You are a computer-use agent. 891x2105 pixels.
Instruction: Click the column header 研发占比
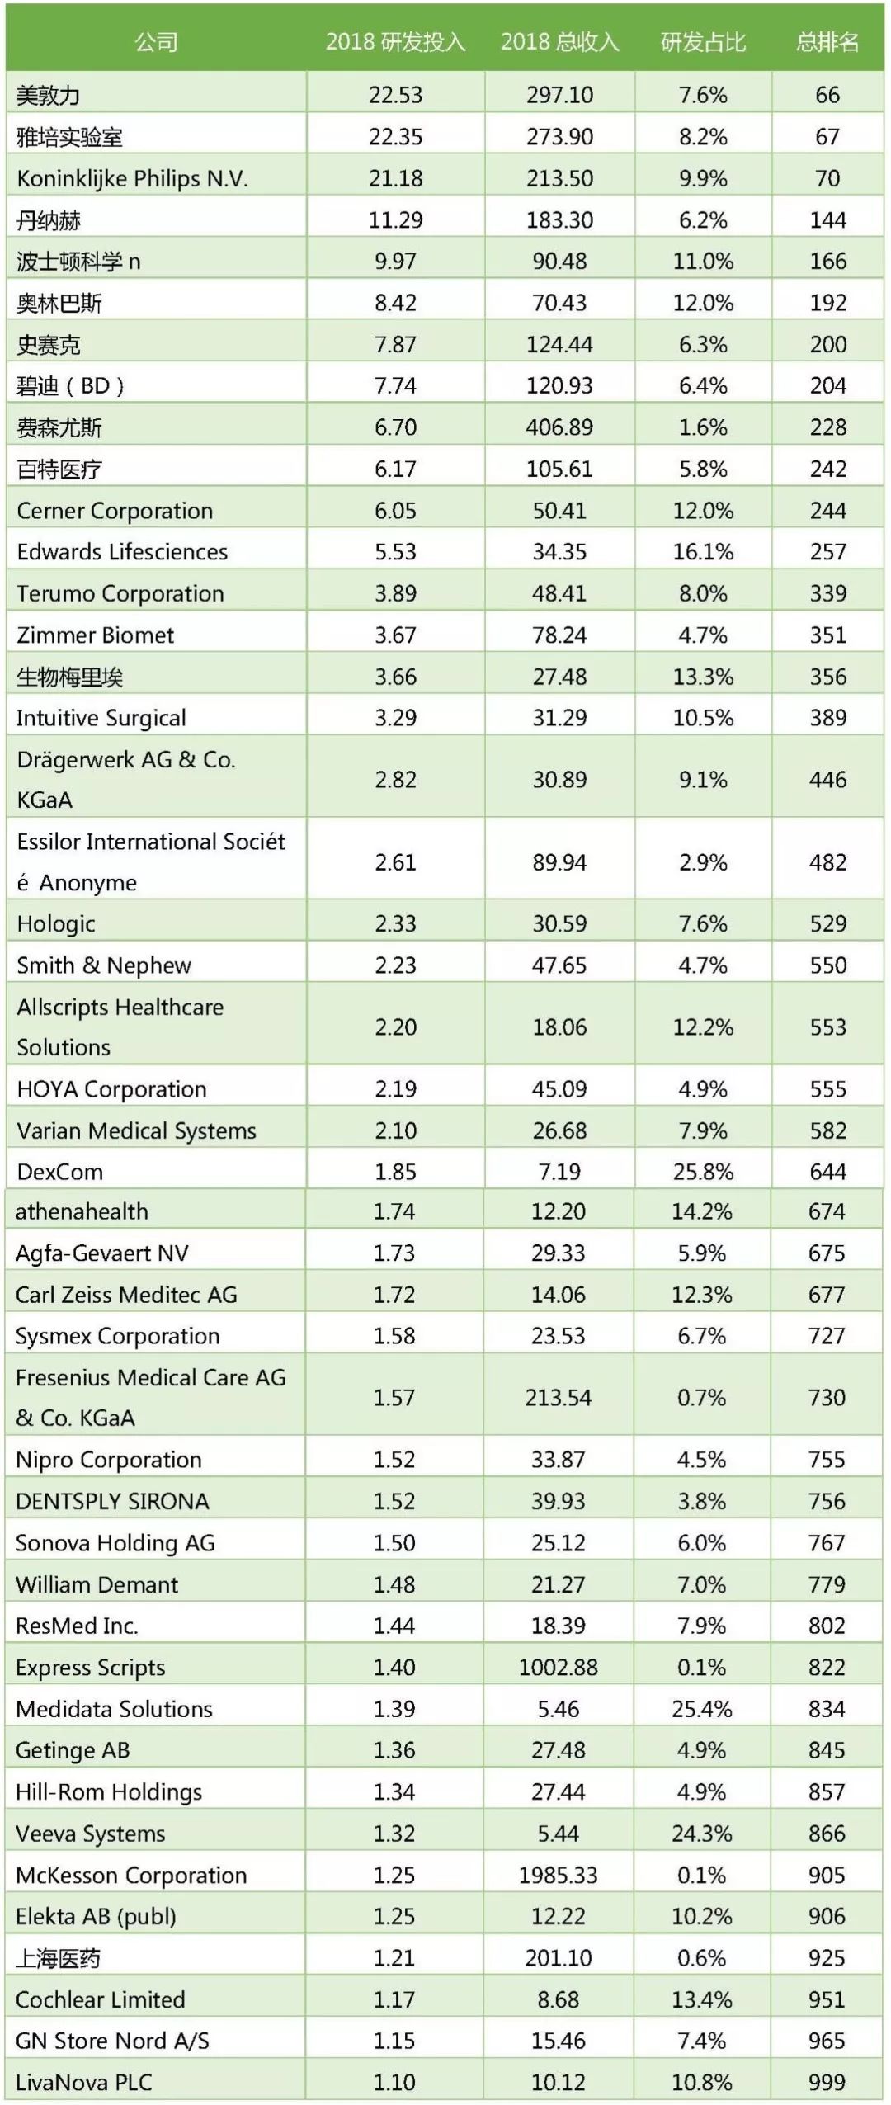coord(703,42)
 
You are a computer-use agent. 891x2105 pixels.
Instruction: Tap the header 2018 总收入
coord(559,42)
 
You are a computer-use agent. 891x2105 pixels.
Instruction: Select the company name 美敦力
coord(49,96)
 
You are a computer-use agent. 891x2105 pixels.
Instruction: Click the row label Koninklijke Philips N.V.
coord(132,179)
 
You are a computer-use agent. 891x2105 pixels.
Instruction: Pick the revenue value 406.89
coord(559,427)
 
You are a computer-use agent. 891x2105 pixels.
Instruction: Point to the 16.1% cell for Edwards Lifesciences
coord(703,552)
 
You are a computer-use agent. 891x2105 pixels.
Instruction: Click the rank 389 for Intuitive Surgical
coord(827,718)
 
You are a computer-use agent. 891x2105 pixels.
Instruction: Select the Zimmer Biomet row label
coord(96,635)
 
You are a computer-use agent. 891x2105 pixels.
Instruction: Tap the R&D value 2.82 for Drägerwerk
coord(395,780)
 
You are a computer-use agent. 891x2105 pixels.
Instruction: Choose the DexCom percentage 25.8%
coord(703,1172)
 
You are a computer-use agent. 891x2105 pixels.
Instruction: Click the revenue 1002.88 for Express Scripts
coord(559,1667)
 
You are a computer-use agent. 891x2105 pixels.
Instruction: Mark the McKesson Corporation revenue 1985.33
coord(559,1875)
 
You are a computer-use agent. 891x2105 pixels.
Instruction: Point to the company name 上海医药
coord(58,1958)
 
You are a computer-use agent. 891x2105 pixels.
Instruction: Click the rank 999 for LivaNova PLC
coord(827,2082)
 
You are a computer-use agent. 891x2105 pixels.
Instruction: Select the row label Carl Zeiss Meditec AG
coord(126,1295)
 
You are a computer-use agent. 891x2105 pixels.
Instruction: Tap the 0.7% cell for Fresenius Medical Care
coord(702,1398)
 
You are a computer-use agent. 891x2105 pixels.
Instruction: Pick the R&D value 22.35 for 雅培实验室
coord(395,137)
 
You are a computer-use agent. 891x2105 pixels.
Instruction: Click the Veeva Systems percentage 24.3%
coord(702,1834)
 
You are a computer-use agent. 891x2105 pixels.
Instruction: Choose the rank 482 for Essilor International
coord(827,862)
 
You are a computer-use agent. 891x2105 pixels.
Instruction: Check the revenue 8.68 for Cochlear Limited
coord(559,1999)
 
